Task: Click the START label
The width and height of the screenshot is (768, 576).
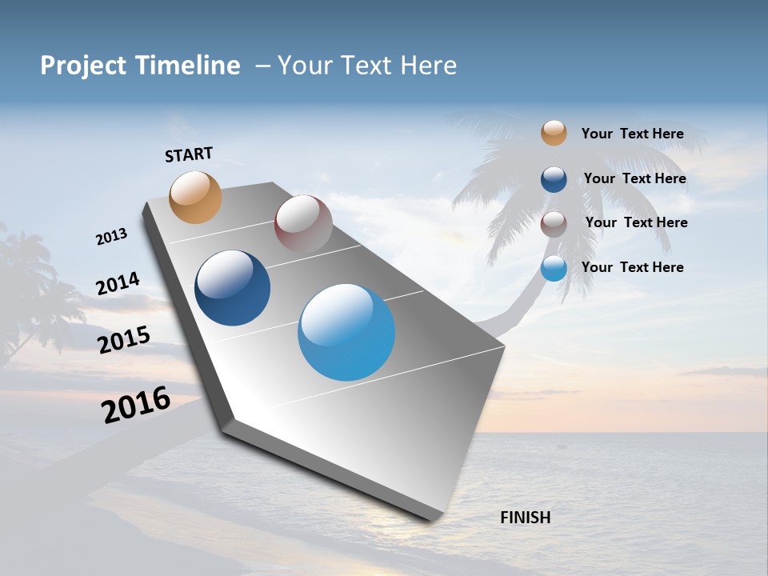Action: (x=189, y=154)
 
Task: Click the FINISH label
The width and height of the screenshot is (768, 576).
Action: (x=525, y=518)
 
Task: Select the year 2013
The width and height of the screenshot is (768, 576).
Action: (x=111, y=237)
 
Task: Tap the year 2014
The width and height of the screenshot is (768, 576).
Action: (x=118, y=284)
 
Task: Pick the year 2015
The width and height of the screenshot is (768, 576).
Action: (x=123, y=340)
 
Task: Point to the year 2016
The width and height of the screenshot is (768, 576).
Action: (x=136, y=405)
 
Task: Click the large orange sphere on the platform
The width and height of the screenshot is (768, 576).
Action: (x=196, y=197)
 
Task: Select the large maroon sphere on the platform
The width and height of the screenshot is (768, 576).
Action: (x=303, y=223)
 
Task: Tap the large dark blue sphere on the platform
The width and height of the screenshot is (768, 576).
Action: (x=233, y=288)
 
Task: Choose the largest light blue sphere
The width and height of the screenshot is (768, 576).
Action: (x=346, y=332)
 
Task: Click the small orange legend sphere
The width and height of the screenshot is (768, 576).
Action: (x=554, y=133)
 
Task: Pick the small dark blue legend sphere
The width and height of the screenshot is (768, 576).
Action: (x=554, y=178)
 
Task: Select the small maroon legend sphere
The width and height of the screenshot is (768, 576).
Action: (x=554, y=223)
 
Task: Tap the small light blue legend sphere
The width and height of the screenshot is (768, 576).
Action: (x=554, y=268)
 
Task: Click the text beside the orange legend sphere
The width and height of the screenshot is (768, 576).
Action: (x=632, y=134)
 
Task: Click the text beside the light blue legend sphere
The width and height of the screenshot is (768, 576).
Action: (x=632, y=267)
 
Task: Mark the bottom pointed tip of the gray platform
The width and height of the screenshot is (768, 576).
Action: (x=436, y=520)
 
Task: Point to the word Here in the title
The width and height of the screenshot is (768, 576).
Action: (x=428, y=66)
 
